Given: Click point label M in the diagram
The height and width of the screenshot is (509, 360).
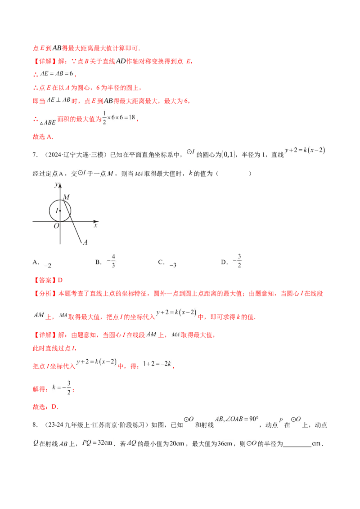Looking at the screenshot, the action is tap(66, 197).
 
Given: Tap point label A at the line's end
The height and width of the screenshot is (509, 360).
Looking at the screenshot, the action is tap(85, 242).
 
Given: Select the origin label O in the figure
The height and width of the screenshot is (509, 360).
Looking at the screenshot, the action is tap(57, 226).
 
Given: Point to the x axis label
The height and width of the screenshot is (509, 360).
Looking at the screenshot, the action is tap(95, 225).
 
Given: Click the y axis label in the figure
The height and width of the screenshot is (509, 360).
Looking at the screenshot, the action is tap(56, 184).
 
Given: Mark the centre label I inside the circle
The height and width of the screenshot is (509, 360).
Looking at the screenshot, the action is tap(57, 211).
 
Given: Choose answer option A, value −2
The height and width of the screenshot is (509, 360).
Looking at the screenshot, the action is tap(42, 263).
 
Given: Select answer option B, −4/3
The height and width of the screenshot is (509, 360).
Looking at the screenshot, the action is tap(105, 261).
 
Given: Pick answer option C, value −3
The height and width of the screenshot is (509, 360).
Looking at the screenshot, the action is tap(167, 263).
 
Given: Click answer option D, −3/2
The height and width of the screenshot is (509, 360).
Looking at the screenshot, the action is tap(231, 261).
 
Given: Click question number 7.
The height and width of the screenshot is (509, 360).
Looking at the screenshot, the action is tap(35, 155).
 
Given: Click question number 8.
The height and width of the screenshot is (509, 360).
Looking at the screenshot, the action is tap(35, 424).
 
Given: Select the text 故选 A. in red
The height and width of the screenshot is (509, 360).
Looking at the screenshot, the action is tap(43, 137).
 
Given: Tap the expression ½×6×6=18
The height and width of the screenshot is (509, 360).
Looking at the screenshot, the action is tap(119, 117).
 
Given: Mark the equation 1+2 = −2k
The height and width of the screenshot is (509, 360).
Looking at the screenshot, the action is tap(157, 364).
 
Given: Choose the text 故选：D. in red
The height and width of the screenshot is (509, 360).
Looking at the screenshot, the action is tap(45, 407).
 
